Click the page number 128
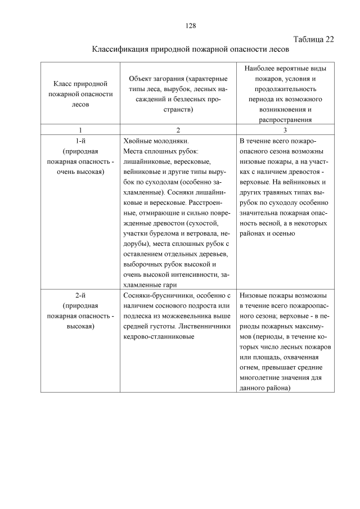click(190, 26)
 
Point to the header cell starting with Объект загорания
click(178, 94)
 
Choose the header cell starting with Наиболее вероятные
click(285, 94)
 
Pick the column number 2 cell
click(178, 130)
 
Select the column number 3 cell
click(285, 130)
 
